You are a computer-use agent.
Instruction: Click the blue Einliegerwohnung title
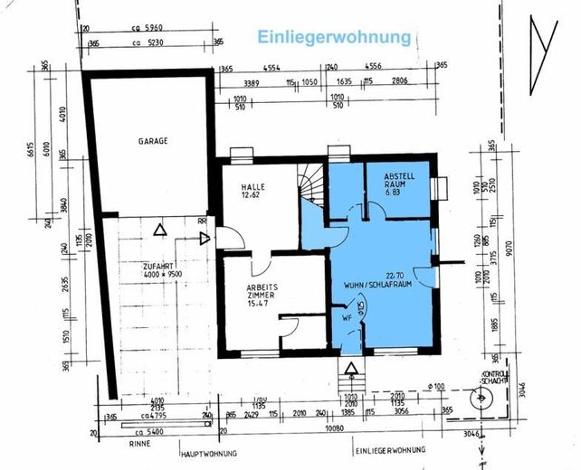pyautogui.click(x=335, y=37)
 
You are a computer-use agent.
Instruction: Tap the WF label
pyautogui.click(x=347, y=318)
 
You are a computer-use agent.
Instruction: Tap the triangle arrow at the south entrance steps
pyautogui.click(x=350, y=365)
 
